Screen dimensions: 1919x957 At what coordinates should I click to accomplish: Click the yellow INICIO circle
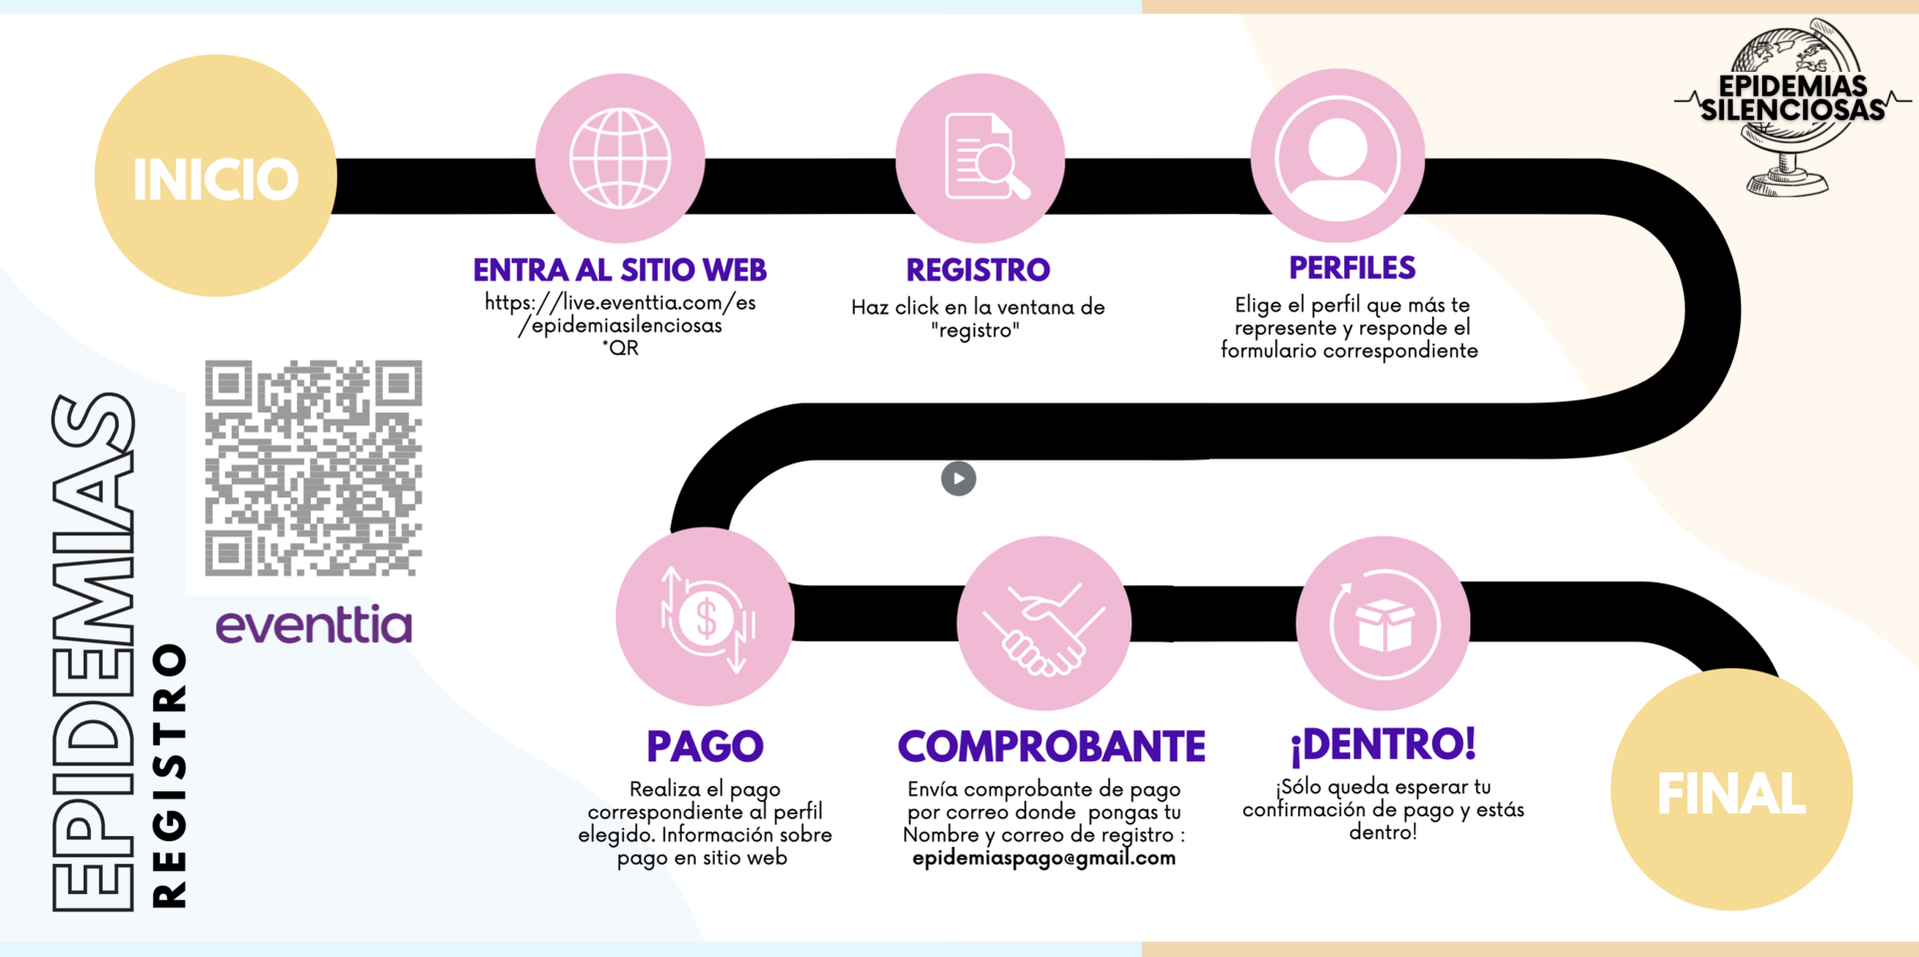216,176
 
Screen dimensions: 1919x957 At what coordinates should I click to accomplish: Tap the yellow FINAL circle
1731,789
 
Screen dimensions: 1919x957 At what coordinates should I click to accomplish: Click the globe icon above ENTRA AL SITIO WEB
620,158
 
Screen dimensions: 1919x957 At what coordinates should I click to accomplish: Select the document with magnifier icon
985,157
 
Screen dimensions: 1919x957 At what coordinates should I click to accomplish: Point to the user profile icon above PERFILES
1337,157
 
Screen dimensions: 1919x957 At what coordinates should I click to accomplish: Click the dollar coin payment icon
706,619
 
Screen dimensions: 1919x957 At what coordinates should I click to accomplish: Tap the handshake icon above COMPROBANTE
1043,628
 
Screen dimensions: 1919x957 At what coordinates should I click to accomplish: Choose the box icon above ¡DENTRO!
1384,624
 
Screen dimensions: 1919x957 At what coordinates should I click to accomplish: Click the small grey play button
959,478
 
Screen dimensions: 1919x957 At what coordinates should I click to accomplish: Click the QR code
314,469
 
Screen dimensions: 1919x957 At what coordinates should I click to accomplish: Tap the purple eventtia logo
314,623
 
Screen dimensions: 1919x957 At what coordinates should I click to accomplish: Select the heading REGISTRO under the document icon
977,270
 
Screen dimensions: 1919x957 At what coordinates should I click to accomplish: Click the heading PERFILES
1351,268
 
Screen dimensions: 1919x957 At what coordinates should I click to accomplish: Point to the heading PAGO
705,746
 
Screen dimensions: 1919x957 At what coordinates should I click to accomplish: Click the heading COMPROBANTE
1051,746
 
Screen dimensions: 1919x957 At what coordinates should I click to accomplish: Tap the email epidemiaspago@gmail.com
1043,858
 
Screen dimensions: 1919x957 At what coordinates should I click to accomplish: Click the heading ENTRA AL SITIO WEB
620,270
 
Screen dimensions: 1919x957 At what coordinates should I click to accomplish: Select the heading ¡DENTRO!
1383,744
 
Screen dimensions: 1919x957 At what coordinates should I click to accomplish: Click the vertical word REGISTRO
169,775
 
